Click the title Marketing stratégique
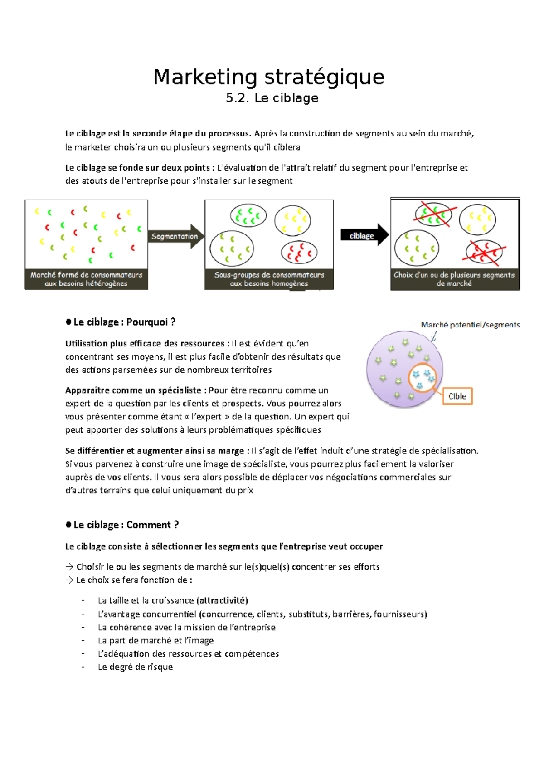pyautogui.click(x=269, y=77)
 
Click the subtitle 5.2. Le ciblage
pyautogui.click(x=272, y=98)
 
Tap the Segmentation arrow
pyautogui.click(x=175, y=236)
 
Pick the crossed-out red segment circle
pyautogui.click(x=484, y=252)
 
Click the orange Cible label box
pyautogui.click(x=457, y=396)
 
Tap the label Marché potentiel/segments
pyautogui.click(x=470, y=325)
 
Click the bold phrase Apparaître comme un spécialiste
pyautogui.click(x=133, y=390)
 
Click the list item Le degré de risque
pyautogui.click(x=135, y=667)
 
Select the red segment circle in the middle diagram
pyautogui.click(x=299, y=253)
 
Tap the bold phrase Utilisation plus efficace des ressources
pyautogui.click(x=145, y=344)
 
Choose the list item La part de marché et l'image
pyautogui.click(x=155, y=641)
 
